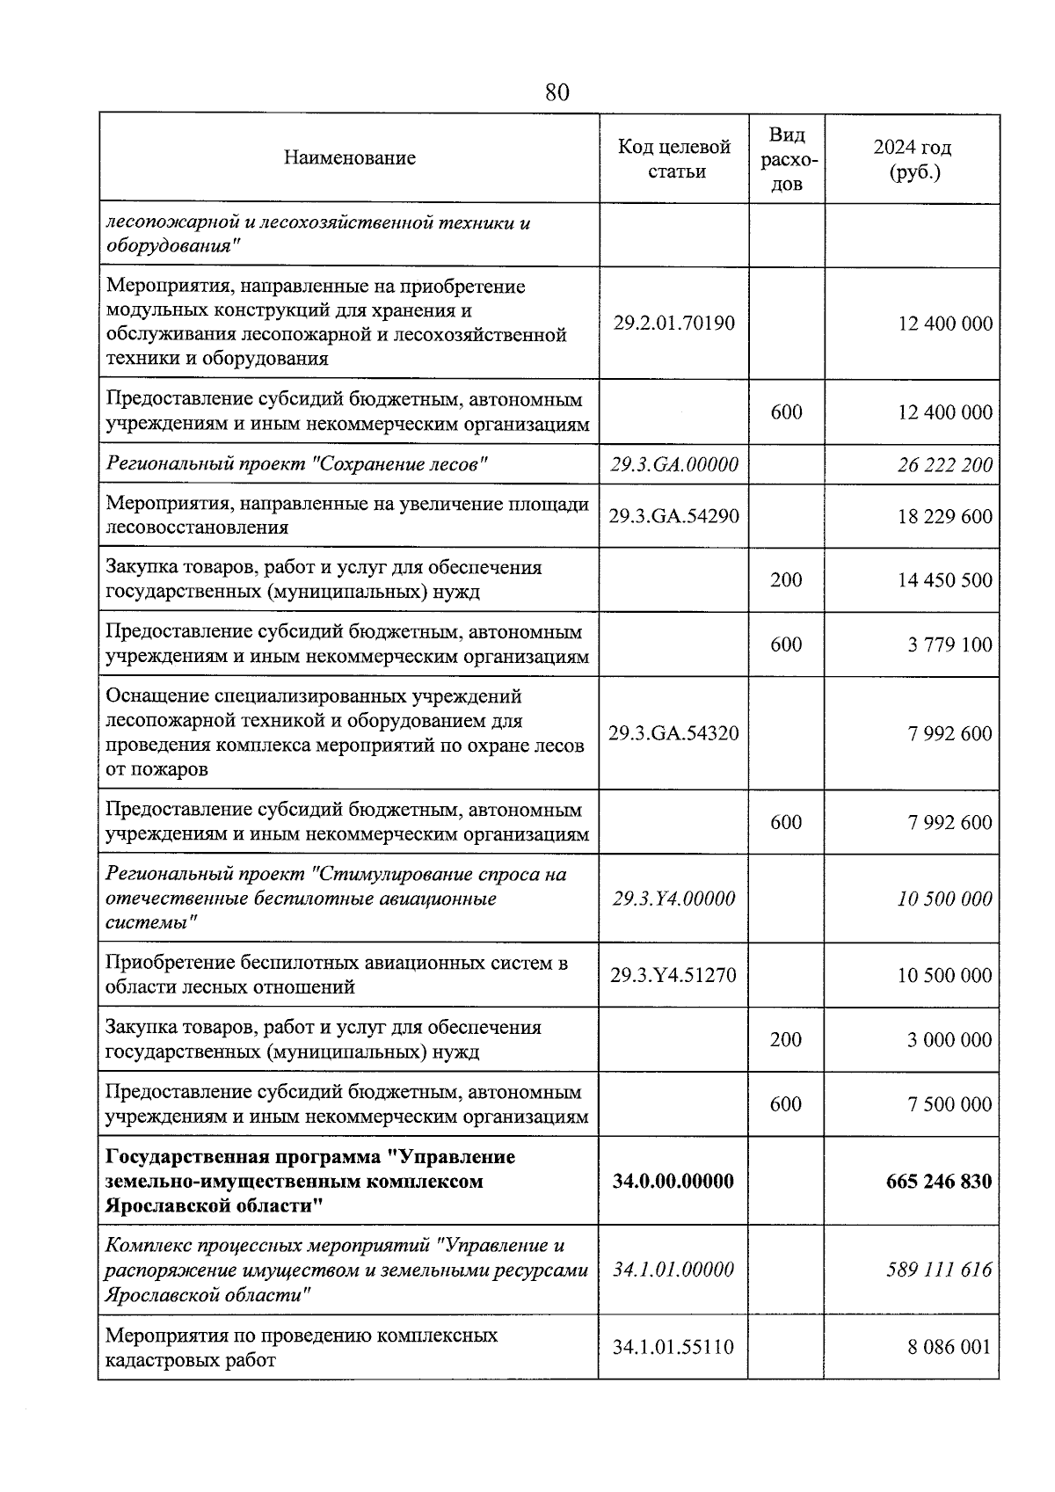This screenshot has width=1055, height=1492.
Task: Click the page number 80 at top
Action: (557, 92)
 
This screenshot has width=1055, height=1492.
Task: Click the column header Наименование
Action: (349, 158)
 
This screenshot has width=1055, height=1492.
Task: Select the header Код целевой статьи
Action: (674, 158)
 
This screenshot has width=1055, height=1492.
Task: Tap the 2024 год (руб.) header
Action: (913, 159)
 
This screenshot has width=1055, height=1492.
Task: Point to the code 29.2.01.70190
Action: (674, 323)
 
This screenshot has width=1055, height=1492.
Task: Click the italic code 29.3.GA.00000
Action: (674, 464)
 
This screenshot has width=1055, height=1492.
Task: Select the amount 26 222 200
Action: (944, 464)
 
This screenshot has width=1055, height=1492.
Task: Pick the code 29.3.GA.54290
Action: (674, 515)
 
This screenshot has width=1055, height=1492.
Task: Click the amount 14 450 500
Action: (944, 579)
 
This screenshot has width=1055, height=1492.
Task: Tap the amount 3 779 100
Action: (949, 644)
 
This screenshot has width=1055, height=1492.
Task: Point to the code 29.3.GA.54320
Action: (674, 733)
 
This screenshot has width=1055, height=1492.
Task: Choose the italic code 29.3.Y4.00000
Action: (674, 899)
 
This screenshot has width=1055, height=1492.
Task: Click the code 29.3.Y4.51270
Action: (674, 975)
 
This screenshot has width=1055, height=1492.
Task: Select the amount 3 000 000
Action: (949, 1039)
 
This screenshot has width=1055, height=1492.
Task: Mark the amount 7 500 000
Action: (949, 1104)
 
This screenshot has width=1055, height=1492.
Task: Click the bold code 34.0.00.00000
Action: (674, 1181)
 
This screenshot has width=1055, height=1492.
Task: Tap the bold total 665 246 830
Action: (939, 1181)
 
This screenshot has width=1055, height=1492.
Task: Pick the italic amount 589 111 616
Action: (939, 1270)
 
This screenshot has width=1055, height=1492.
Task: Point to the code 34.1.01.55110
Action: (674, 1346)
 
